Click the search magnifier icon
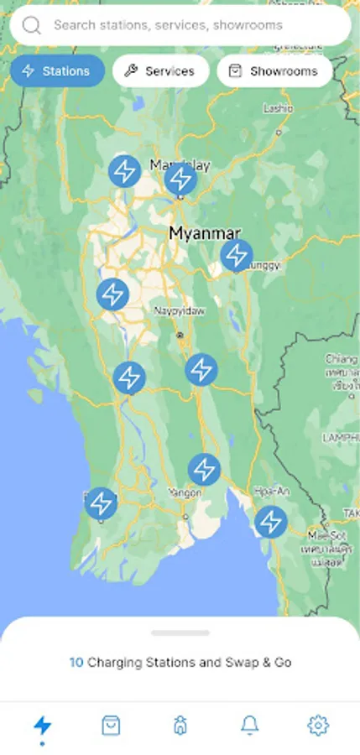[x=32, y=25]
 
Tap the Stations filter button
[x=57, y=71]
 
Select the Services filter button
[x=159, y=71]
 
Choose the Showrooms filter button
[x=274, y=71]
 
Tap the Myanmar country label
[x=205, y=233]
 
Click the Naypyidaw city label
[x=179, y=310]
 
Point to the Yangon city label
[x=185, y=492]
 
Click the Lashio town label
[x=278, y=108]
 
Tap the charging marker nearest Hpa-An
[x=270, y=522]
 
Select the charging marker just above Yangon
[x=204, y=469]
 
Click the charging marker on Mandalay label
[x=180, y=179]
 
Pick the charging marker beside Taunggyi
[x=237, y=255]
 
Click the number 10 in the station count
[x=76, y=663]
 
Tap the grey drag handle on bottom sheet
[x=180, y=633]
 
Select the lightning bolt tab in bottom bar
[x=42, y=725]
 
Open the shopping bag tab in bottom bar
[x=111, y=725]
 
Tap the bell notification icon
[x=249, y=725]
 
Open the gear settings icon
[x=318, y=725]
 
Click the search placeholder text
[x=168, y=25]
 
